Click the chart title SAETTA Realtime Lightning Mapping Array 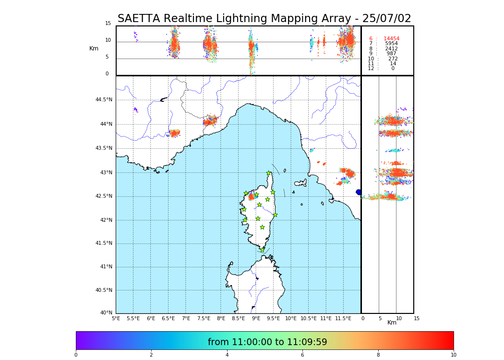(264, 19)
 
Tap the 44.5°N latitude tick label (104, 100)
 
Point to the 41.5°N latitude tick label (104, 243)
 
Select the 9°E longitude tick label (256, 318)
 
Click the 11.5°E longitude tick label (344, 318)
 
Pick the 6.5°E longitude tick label (168, 318)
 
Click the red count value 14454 (391, 39)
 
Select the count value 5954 (391, 44)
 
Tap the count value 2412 (391, 49)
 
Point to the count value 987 (391, 54)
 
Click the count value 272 (393, 59)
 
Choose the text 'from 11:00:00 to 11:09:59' (267, 342)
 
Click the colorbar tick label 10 (453, 355)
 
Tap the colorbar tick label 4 (227, 355)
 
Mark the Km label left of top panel (94, 48)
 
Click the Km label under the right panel (392, 323)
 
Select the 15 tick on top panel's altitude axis (108, 24)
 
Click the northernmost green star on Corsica (269, 173)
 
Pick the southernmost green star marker (262, 250)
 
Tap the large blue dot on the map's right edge (359, 192)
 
